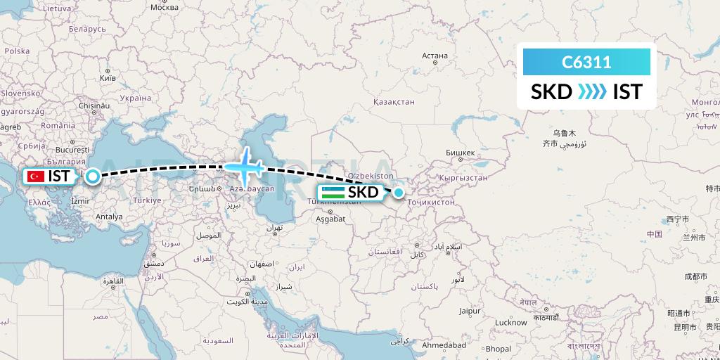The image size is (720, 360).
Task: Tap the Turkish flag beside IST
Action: (x=37, y=176)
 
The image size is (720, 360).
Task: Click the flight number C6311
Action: (x=586, y=63)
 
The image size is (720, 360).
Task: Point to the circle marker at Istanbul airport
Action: (x=92, y=176)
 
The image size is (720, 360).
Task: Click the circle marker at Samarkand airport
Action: (x=399, y=192)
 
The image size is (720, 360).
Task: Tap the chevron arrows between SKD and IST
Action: (x=592, y=92)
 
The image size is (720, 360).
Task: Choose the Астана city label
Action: (x=435, y=56)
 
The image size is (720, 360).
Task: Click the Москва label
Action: (x=164, y=6)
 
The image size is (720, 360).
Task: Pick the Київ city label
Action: (x=108, y=77)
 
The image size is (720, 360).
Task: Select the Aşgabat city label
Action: (x=330, y=219)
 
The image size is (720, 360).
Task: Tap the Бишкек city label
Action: (x=461, y=152)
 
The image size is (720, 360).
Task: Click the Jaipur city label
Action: (x=470, y=310)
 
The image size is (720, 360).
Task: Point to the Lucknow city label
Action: (x=510, y=322)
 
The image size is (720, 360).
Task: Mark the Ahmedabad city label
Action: (x=444, y=345)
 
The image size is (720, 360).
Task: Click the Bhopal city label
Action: (x=498, y=349)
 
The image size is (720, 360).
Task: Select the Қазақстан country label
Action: (x=394, y=102)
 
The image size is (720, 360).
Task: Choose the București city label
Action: (x=72, y=150)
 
